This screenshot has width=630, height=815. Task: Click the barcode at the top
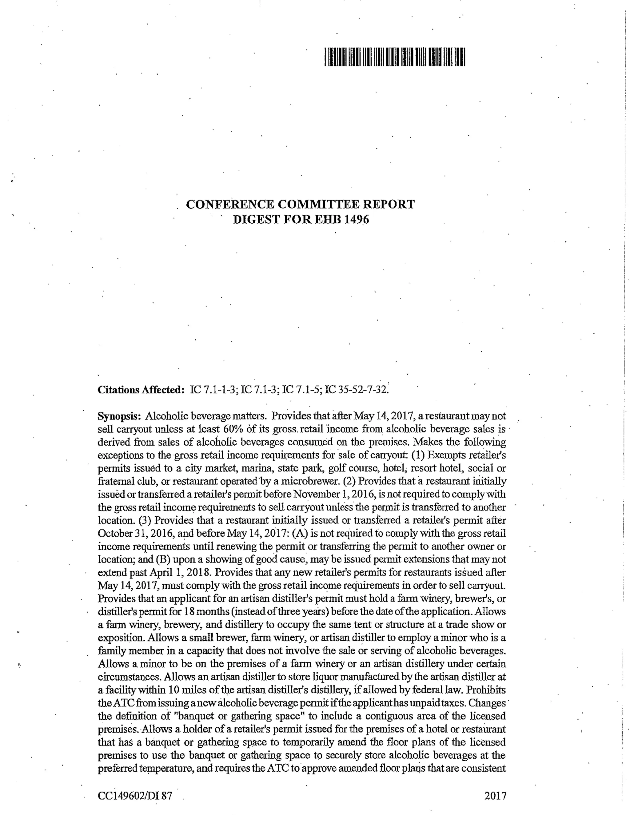395,57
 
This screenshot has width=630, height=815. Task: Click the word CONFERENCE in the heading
229,205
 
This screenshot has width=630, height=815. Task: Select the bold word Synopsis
119,416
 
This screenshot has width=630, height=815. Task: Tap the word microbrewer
317,481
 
